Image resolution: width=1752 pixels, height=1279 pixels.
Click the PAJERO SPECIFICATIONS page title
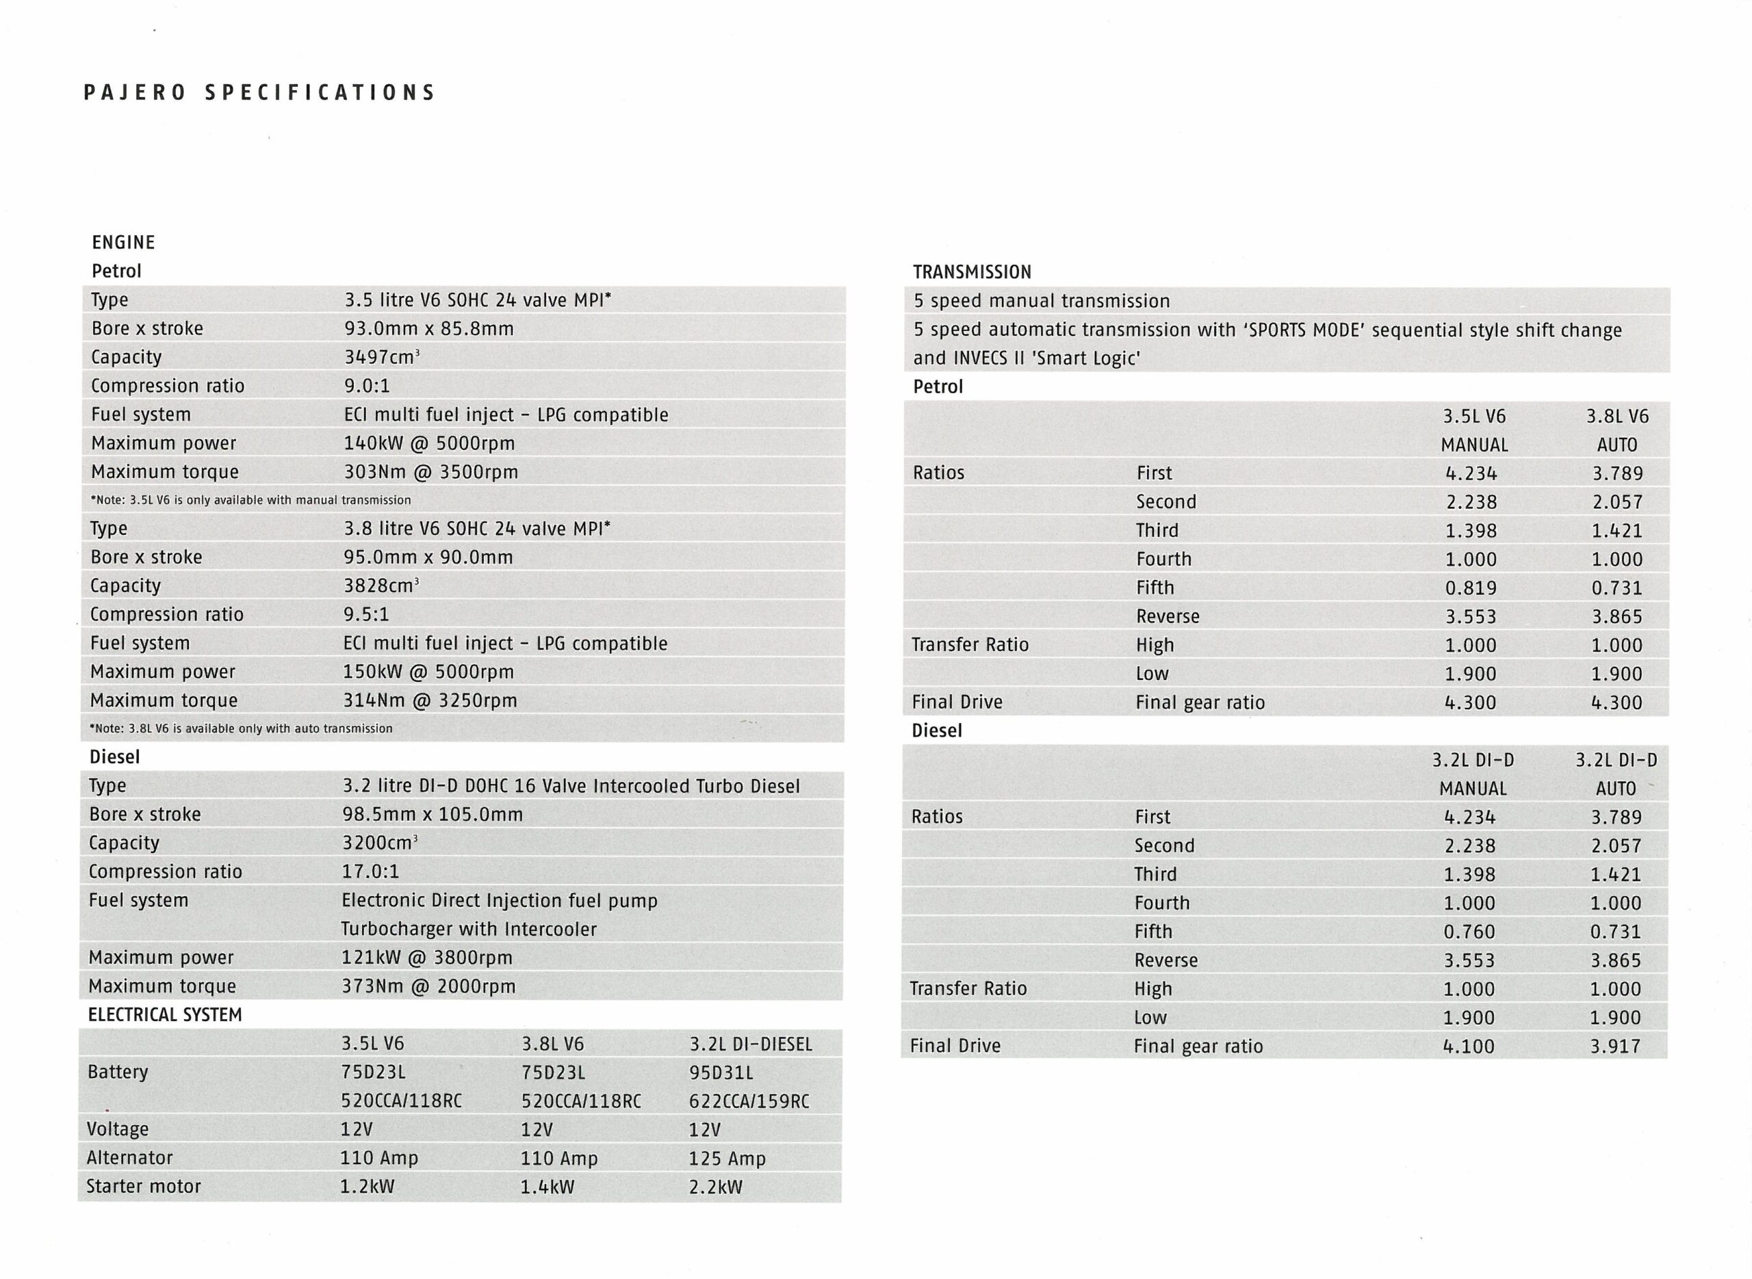[259, 93]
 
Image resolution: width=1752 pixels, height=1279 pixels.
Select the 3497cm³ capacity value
[382, 357]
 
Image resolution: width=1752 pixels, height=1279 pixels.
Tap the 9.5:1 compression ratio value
[365, 615]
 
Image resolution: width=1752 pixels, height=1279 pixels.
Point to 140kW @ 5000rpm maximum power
[429, 443]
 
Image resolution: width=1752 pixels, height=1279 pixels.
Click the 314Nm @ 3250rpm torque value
[430, 700]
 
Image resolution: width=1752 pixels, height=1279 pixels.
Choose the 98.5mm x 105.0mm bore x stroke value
[433, 815]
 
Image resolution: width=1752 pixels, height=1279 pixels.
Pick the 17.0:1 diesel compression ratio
[370, 872]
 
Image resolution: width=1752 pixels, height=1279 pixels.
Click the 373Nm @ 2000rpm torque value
[428, 986]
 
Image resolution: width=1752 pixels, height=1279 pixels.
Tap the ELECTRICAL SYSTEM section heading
[165, 1015]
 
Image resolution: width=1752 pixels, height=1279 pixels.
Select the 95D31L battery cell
[721, 1073]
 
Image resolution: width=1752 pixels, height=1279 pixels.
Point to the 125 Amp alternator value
[727, 1159]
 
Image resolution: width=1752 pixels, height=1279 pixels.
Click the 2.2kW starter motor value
[716, 1187]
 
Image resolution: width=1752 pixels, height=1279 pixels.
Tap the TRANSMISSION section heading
[972, 272]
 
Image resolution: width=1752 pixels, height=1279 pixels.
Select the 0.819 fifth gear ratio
[1471, 588]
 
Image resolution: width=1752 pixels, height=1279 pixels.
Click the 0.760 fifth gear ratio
[1469, 932]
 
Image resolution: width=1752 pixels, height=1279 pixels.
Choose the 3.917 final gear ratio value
[1616, 1046]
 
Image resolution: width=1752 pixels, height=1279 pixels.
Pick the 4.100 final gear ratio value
[1469, 1046]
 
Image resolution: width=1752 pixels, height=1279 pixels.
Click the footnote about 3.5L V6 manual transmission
[251, 500]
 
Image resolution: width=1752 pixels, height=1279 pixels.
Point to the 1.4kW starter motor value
[547, 1187]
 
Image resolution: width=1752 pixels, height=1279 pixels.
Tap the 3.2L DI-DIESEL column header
[751, 1044]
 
